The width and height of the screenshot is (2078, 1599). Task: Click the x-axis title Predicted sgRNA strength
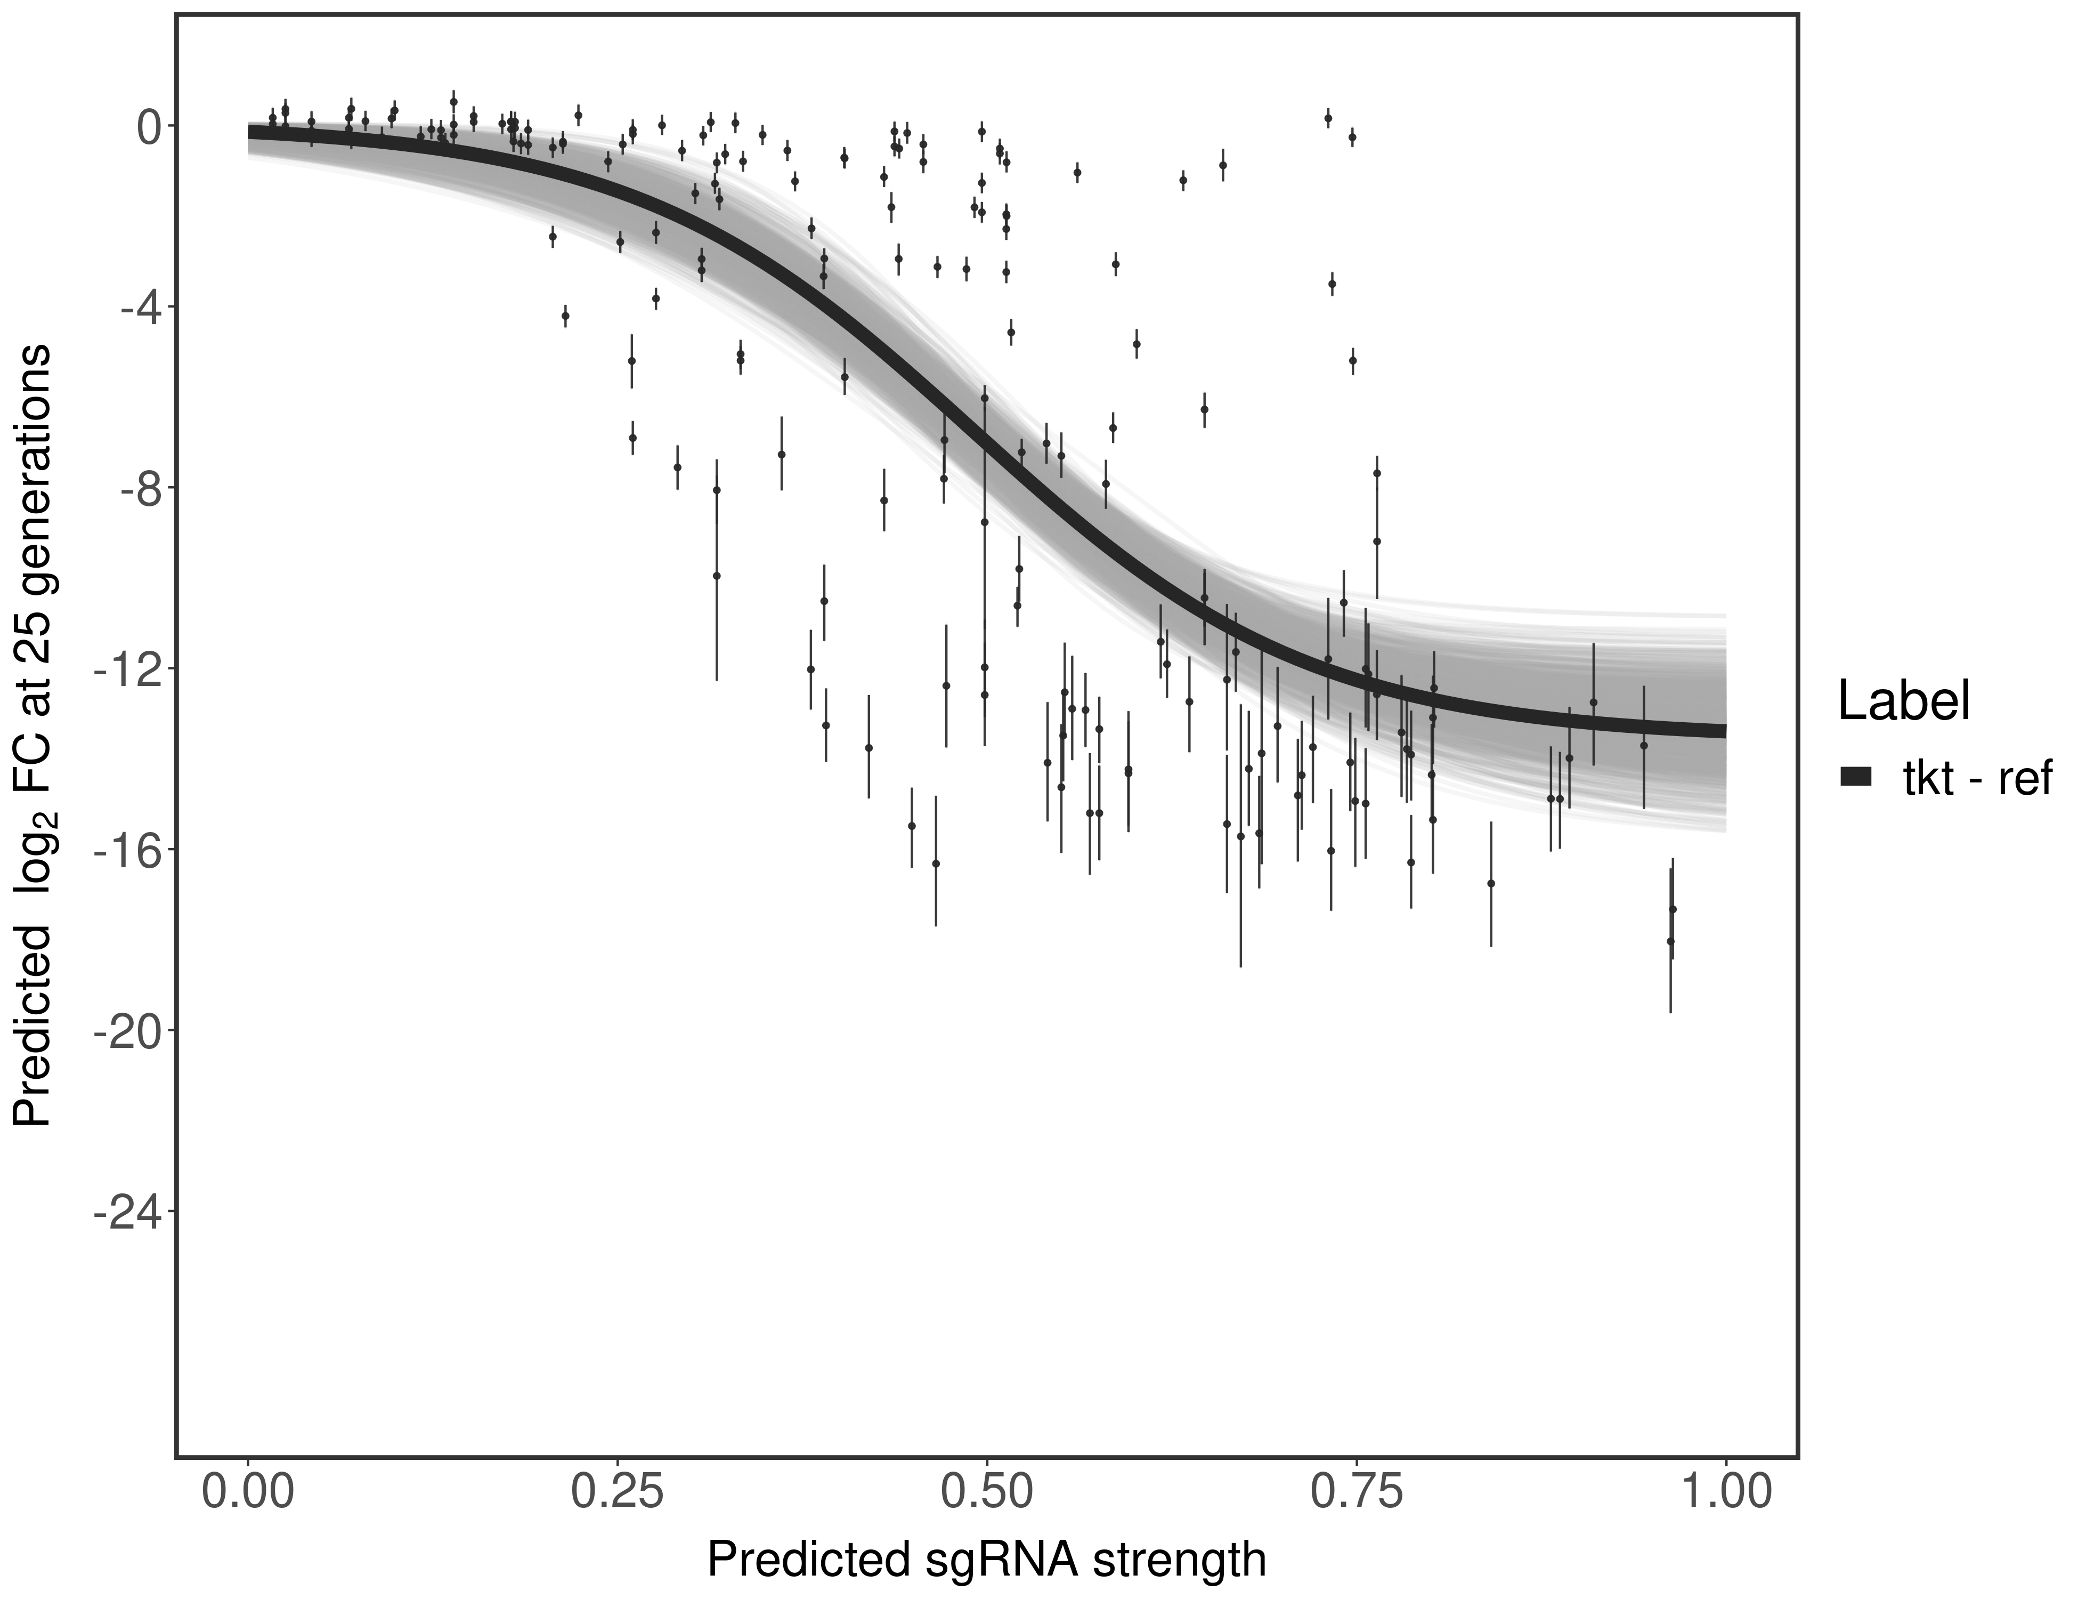click(x=987, y=1561)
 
